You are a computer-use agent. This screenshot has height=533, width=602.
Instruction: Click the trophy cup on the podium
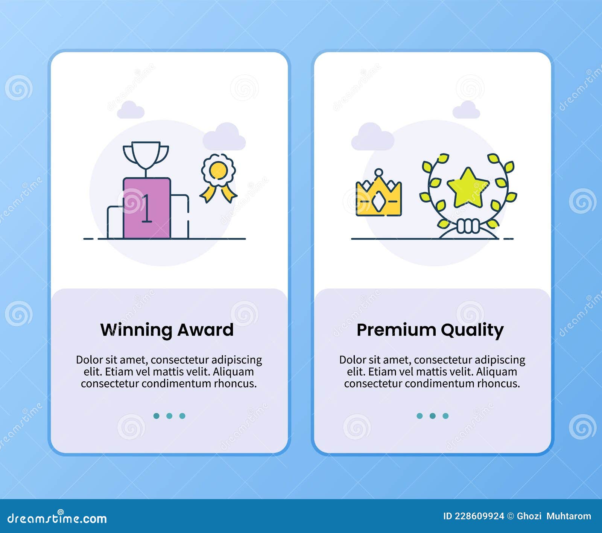point(146,155)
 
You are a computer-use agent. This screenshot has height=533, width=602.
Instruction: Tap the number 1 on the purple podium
point(147,208)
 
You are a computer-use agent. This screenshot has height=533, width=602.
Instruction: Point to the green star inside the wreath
point(468,187)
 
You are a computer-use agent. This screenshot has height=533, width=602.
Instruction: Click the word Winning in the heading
point(136,330)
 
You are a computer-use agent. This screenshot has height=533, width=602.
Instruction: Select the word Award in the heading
point(205,330)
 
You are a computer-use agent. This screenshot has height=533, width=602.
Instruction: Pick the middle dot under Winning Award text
point(169,416)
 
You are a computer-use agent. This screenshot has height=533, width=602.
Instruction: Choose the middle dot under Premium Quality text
point(433,416)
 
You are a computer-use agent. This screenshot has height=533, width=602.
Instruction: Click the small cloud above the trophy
point(131,110)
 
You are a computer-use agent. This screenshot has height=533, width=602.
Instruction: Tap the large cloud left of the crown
point(372,137)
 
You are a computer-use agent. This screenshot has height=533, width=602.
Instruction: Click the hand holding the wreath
point(468,226)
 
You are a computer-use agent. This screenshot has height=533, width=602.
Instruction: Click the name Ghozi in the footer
point(529,516)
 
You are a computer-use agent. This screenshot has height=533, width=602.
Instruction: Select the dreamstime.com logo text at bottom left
point(57,519)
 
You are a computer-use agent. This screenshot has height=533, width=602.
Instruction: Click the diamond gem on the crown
point(379,203)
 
